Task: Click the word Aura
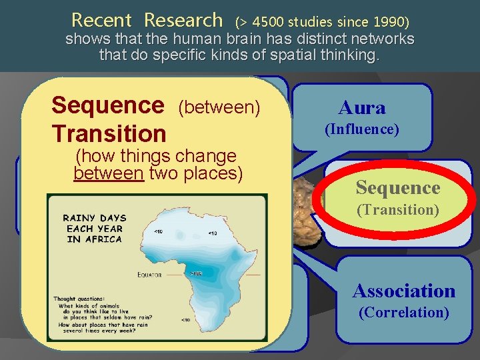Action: pos(361,107)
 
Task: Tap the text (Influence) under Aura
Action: pos(361,129)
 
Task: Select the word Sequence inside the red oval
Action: pos(398,188)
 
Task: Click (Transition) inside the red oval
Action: pos(398,210)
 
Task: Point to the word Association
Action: pos(404,291)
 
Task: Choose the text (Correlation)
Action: pos(404,312)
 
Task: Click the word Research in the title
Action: pos(183,20)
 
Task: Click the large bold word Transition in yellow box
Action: pos(109,133)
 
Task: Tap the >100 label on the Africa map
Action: pos(197,274)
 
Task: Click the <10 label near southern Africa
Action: pos(186,321)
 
